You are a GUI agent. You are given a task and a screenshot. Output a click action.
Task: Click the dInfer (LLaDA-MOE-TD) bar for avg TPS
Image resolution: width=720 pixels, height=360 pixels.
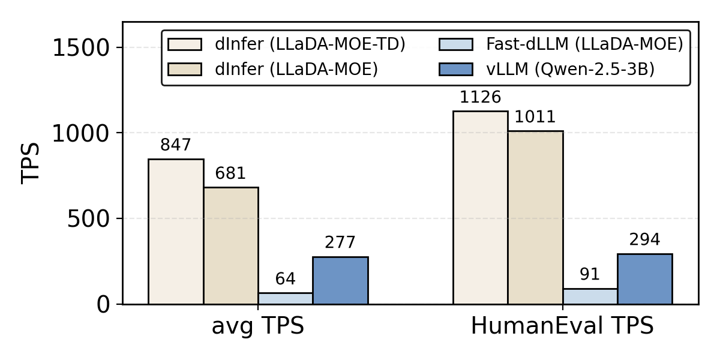click(176, 232)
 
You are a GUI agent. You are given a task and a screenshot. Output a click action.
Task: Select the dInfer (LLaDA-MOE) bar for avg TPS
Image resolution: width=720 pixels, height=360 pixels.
click(231, 246)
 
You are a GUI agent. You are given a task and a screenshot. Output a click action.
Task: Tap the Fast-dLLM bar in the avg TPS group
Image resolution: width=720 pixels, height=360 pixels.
click(285, 298)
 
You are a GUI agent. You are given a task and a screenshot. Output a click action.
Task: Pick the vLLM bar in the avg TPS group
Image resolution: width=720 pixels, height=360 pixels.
click(340, 280)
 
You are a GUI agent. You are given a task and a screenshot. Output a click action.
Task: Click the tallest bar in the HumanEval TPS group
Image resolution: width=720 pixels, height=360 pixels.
click(480, 208)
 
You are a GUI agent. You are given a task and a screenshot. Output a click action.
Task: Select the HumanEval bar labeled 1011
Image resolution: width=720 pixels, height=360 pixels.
click(535, 217)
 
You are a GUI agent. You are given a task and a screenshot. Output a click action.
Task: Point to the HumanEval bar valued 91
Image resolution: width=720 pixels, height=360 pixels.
click(590, 296)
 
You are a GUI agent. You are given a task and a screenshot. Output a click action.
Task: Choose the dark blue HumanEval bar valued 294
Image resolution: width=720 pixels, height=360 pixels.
click(645, 279)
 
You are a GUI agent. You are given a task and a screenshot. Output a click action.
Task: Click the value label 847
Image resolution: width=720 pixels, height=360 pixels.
click(176, 145)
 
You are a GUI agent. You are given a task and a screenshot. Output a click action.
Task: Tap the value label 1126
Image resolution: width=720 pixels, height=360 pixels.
click(480, 97)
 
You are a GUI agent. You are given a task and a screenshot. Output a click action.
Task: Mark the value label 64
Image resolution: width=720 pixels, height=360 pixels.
click(285, 279)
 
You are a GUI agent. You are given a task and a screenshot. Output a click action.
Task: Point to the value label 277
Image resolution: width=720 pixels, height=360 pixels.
click(340, 243)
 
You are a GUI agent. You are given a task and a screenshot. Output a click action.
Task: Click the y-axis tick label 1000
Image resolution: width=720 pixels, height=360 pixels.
click(82, 133)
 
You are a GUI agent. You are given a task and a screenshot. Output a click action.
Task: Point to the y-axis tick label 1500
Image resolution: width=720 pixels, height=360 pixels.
click(82, 48)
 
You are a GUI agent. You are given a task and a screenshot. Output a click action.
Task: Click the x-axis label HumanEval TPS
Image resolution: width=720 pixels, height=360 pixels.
click(562, 327)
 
